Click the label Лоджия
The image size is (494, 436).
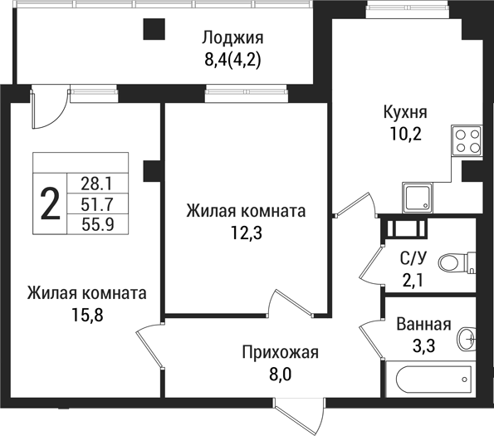(x=232, y=37)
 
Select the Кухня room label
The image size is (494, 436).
(x=404, y=113)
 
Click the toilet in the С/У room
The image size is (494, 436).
(x=452, y=262)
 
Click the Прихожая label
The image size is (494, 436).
(x=281, y=353)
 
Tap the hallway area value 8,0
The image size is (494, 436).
(x=280, y=375)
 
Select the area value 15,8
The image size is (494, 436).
(x=86, y=315)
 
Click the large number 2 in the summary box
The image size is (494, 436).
(x=51, y=204)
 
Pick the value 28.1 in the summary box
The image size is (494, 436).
(x=97, y=183)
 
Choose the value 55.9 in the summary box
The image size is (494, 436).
(x=97, y=223)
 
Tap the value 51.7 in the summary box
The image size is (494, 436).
(x=97, y=203)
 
